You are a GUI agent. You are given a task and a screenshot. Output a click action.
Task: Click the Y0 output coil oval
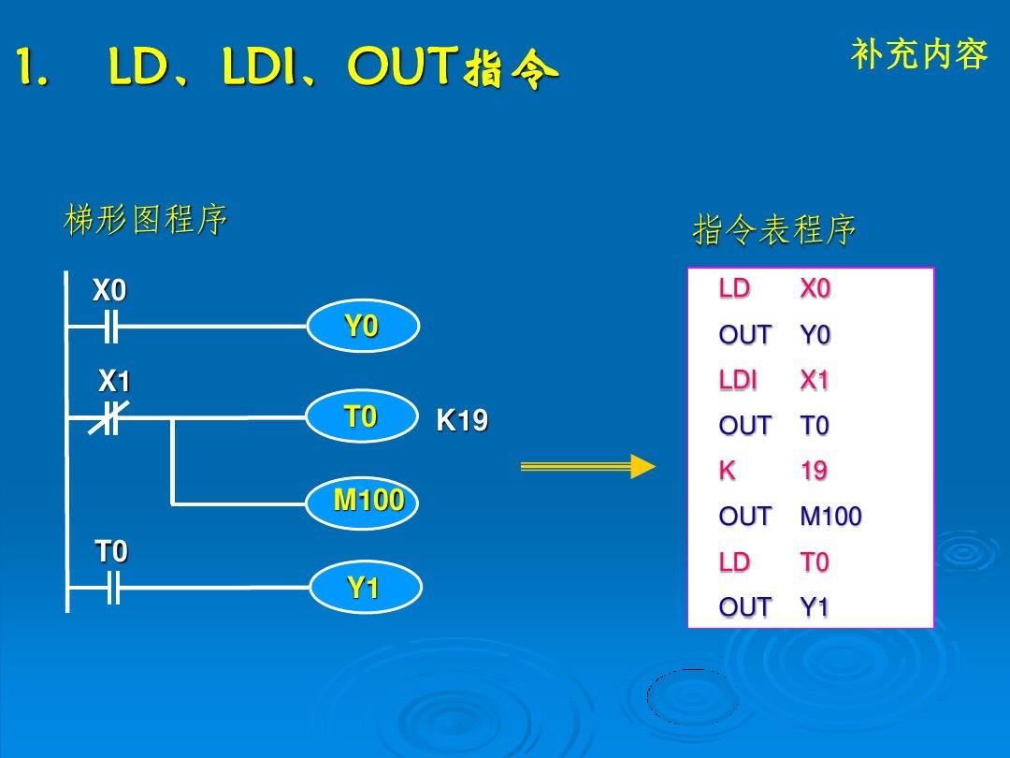(363, 326)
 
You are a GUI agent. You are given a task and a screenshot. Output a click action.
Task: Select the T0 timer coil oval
(361, 416)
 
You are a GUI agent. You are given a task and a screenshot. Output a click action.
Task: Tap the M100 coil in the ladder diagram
(362, 503)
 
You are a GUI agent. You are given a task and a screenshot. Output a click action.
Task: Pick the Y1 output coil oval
(366, 587)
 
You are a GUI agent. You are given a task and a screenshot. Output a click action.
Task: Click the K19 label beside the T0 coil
(462, 420)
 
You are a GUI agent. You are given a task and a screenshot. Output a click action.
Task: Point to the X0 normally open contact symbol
(111, 327)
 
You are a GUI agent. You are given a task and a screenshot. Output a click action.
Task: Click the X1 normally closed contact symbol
(108, 418)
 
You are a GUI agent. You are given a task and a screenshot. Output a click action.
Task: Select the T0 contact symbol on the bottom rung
(113, 587)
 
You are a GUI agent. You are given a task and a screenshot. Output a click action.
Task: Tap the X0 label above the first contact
(108, 290)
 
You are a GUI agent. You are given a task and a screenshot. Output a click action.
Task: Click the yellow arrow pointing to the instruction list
(587, 466)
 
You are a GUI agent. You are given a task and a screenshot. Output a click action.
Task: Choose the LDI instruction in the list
(738, 380)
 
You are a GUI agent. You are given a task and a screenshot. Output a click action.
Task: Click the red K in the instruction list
(728, 471)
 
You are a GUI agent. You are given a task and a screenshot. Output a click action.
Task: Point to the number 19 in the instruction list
(814, 471)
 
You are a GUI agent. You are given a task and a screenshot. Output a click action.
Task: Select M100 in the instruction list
(830, 517)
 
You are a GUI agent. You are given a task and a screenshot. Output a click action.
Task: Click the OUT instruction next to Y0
(744, 334)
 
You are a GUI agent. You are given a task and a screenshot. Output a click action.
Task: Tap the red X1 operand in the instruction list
(815, 380)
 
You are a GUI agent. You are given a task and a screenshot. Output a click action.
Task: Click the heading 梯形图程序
(146, 219)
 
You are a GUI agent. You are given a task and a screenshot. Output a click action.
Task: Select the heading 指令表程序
(774, 229)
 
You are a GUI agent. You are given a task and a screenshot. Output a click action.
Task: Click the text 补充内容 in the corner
(919, 54)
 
